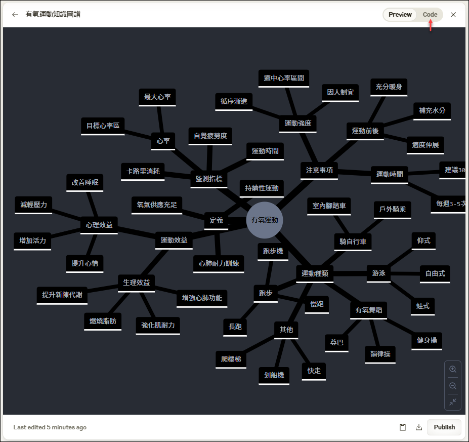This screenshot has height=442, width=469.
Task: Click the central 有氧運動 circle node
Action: (x=265, y=220)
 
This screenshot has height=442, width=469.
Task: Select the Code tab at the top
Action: (x=430, y=14)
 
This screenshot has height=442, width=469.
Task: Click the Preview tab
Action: (x=400, y=14)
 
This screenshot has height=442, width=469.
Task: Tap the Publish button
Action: (x=444, y=427)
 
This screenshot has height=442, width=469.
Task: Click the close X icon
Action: (x=453, y=15)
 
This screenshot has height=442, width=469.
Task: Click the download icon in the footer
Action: (x=419, y=427)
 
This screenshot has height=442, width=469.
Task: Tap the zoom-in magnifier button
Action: (x=453, y=369)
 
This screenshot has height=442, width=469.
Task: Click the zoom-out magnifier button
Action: (x=453, y=386)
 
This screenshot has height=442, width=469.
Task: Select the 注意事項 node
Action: (x=319, y=170)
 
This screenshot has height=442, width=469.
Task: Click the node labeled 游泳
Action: (x=378, y=273)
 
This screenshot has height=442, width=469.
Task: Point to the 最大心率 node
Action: (x=157, y=97)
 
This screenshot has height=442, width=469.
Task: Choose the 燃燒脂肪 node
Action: (x=103, y=322)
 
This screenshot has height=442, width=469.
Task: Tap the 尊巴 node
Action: (x=336, y=343)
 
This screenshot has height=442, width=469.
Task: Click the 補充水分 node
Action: (x=432, y=111)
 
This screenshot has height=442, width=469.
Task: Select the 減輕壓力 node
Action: (x=33, y=205)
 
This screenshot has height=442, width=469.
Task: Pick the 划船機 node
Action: (x=274, y=376)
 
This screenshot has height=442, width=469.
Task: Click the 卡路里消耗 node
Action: (x=143, y=172)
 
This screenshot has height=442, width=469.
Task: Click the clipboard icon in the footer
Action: (x=403, y=427)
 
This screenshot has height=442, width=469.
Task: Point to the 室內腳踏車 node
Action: (x=329, y=206)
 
